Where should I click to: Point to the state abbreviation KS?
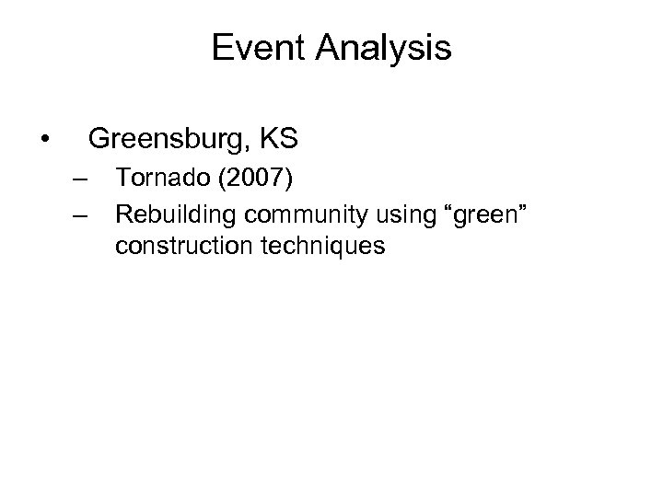click(280, 140)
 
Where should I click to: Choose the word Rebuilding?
click(175, 214)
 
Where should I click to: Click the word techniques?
click(319, 248)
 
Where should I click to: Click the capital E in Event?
click(221, 48)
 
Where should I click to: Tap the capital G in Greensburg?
click(98, 140)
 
